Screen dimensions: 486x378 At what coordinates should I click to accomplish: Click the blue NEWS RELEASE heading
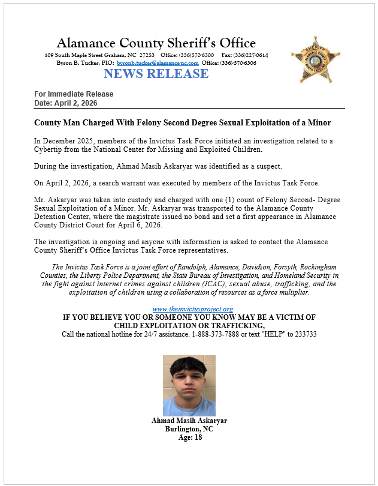pyautogui.click(x=156, y=74)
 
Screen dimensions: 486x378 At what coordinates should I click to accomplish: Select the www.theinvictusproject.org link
pyautogui.click(x=189, y=308)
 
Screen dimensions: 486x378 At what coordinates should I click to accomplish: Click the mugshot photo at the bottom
pyautogui.click(x=189, y=385)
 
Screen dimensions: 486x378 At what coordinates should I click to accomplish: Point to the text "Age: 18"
pyautogui.click(x=189, y=438)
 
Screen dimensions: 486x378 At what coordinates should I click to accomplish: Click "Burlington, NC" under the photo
pyautogui.click(x=189, y=430)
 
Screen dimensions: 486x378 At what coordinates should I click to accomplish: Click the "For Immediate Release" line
pyautogui.click(x=74, y=94)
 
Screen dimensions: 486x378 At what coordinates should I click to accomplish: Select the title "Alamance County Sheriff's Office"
pyautogui.click(x=156, y=43)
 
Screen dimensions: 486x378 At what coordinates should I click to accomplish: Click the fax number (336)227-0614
pyautogui.click(x=252, y=55)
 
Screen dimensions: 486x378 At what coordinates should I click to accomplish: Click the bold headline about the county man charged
pyautogui.click(x=182, y=122)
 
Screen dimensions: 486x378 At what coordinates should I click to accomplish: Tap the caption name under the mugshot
pyautogui.click(x=189, y=421)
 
